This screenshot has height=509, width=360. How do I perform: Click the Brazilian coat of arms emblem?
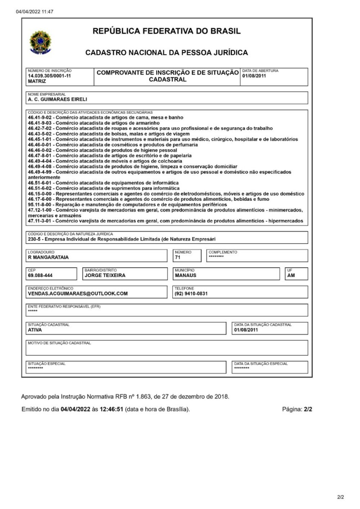40,42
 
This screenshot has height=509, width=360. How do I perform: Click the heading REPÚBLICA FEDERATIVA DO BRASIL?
166,31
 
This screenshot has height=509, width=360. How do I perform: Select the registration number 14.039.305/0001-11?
49,76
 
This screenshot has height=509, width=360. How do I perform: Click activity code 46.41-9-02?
41,117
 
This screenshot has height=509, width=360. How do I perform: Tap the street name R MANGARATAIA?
48,257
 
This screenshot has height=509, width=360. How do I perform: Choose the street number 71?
177,257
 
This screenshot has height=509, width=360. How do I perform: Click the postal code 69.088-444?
40,275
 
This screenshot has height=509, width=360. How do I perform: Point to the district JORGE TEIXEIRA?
105,275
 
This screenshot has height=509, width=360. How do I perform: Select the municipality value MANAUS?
186,275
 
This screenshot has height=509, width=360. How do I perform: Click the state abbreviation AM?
291,275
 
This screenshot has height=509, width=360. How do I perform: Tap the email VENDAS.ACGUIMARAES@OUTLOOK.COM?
78,294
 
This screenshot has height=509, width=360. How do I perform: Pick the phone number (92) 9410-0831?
191,294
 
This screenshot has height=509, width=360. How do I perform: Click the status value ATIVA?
35,330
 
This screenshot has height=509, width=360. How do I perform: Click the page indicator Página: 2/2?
297,409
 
